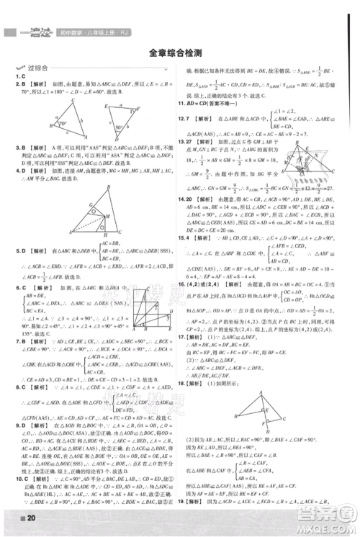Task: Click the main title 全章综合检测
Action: point(179,53)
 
